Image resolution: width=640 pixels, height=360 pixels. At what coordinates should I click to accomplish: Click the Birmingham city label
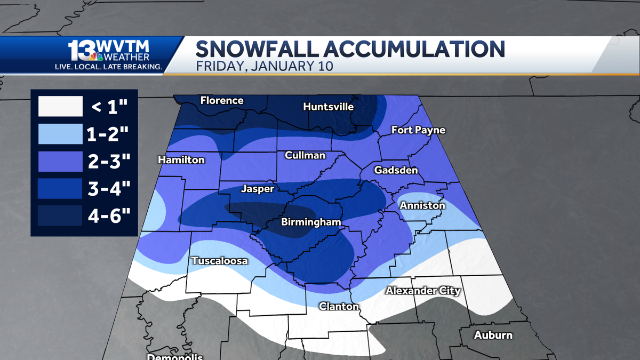tap(310, 222)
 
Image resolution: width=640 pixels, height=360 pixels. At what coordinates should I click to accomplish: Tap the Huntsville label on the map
tap(328, 107)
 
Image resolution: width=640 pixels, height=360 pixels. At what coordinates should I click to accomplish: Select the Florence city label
tap(222, 100)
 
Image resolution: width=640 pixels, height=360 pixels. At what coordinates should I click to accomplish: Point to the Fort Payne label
tap(418, 130)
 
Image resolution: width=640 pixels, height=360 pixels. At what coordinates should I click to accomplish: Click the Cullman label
tap(305, 155)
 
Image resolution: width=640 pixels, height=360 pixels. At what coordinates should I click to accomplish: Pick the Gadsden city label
tap(396, 170)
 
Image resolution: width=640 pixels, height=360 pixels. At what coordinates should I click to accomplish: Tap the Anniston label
tap(422, 205)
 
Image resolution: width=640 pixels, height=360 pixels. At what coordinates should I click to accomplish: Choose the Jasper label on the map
tap(258, 189)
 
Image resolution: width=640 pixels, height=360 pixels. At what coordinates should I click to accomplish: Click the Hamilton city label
tap(181, 160)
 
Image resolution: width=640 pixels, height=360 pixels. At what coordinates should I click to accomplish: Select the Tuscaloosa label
tap(219, 261)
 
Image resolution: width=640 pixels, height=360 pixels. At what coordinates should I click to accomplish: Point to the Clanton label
tap(339, 306)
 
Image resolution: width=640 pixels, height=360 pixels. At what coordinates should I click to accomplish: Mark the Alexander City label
tap(423, 291)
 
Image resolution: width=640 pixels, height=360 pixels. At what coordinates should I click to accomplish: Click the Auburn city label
tap(493, 335)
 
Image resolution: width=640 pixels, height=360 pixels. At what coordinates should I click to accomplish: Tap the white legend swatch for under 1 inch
tap(60, 107)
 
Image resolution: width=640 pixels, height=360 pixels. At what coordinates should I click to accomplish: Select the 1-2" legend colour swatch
tap(60, 134)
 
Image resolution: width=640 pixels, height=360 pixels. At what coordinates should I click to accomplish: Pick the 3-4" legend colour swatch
tap(60, 188)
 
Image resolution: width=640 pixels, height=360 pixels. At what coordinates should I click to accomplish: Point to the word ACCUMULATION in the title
tap(405, 49)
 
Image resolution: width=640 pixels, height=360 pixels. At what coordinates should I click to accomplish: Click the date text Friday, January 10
tap(264, 67)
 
